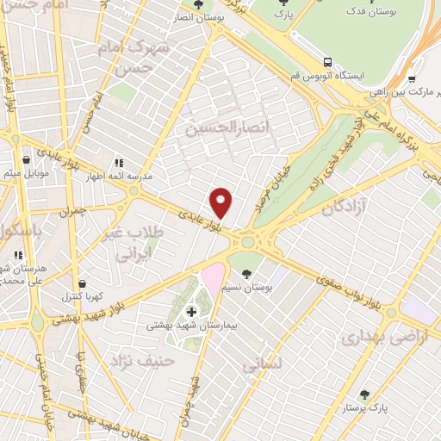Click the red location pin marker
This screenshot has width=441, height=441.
click(x=222, y=202)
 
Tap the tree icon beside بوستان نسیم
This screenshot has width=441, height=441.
click(x=247, y=274)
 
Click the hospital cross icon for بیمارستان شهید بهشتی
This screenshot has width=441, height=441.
click(x=189, y=310)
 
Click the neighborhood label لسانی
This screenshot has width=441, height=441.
click(x=262, y=364)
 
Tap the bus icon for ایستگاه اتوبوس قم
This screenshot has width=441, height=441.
click(x=327, y=62)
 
